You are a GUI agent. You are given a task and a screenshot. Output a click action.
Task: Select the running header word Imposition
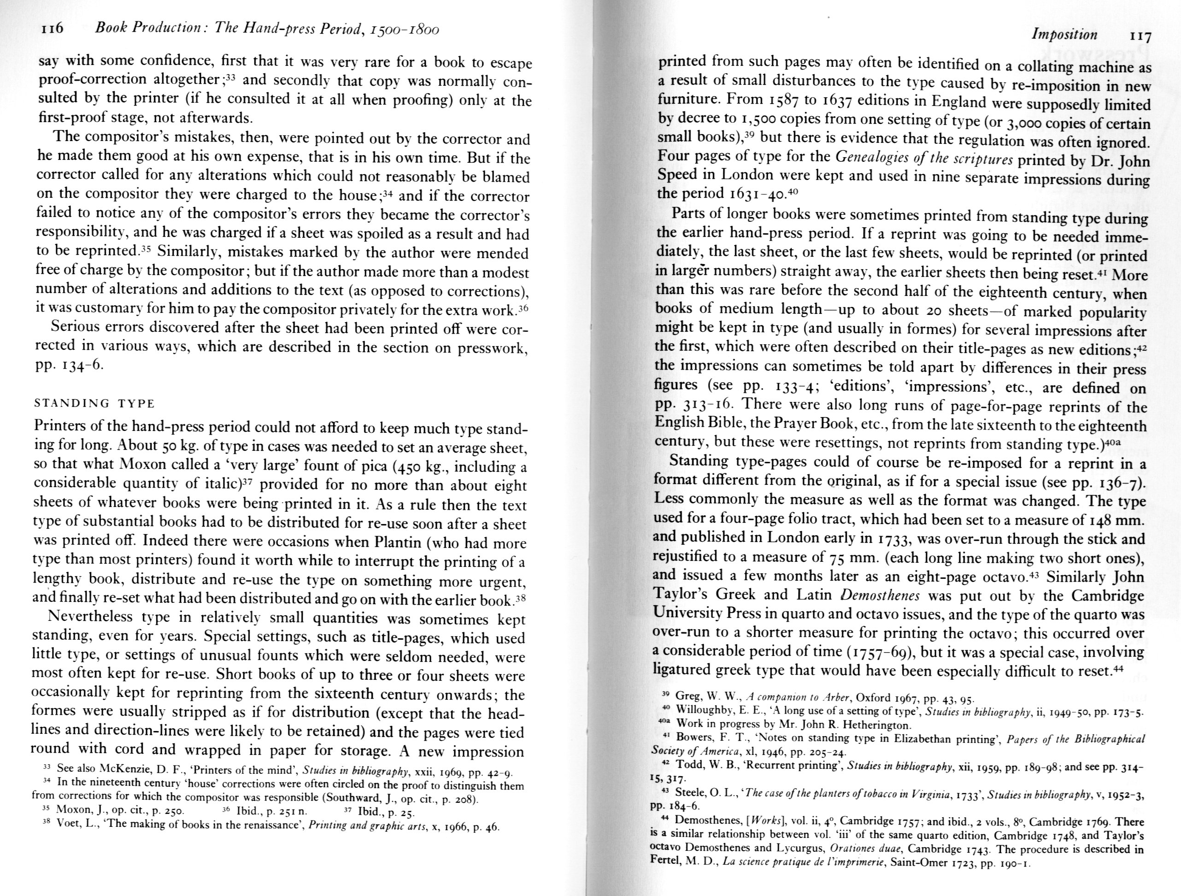coord(1064,35)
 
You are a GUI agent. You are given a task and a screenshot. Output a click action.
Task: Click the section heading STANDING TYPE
coord(94,403)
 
